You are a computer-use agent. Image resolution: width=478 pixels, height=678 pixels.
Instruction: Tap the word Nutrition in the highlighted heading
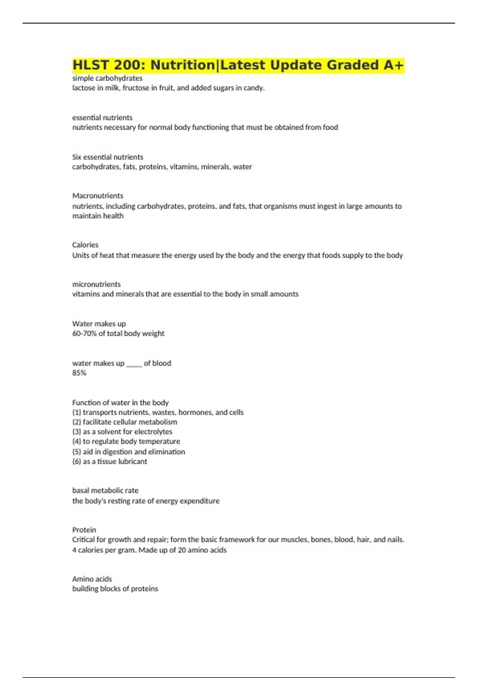[x=182, y=65]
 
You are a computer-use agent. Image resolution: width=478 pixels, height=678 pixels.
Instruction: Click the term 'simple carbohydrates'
[x=107, y=78]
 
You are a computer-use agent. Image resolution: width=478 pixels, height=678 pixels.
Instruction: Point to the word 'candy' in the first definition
[x=255, y=88]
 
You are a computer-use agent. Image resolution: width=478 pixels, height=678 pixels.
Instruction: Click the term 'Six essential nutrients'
[x=108, y=157]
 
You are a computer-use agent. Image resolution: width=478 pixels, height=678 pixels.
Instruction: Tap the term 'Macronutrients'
[x=98, y=196]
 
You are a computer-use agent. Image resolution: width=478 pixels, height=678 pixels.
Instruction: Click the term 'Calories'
[x=85, y=245]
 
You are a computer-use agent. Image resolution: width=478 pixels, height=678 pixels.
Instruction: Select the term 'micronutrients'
[x=96, y=284]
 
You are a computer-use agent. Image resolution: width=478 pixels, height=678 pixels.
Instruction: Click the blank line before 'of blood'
[x=134, y=364]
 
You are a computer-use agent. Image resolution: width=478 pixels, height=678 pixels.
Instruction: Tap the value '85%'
[x=79, y=373]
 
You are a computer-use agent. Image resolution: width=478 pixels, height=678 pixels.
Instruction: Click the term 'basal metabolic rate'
[x=105, y=491]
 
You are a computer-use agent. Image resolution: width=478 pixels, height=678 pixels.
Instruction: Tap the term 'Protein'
[x=84, y=530]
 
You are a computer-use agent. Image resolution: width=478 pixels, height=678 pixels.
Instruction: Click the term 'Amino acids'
[x=92, y=579]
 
